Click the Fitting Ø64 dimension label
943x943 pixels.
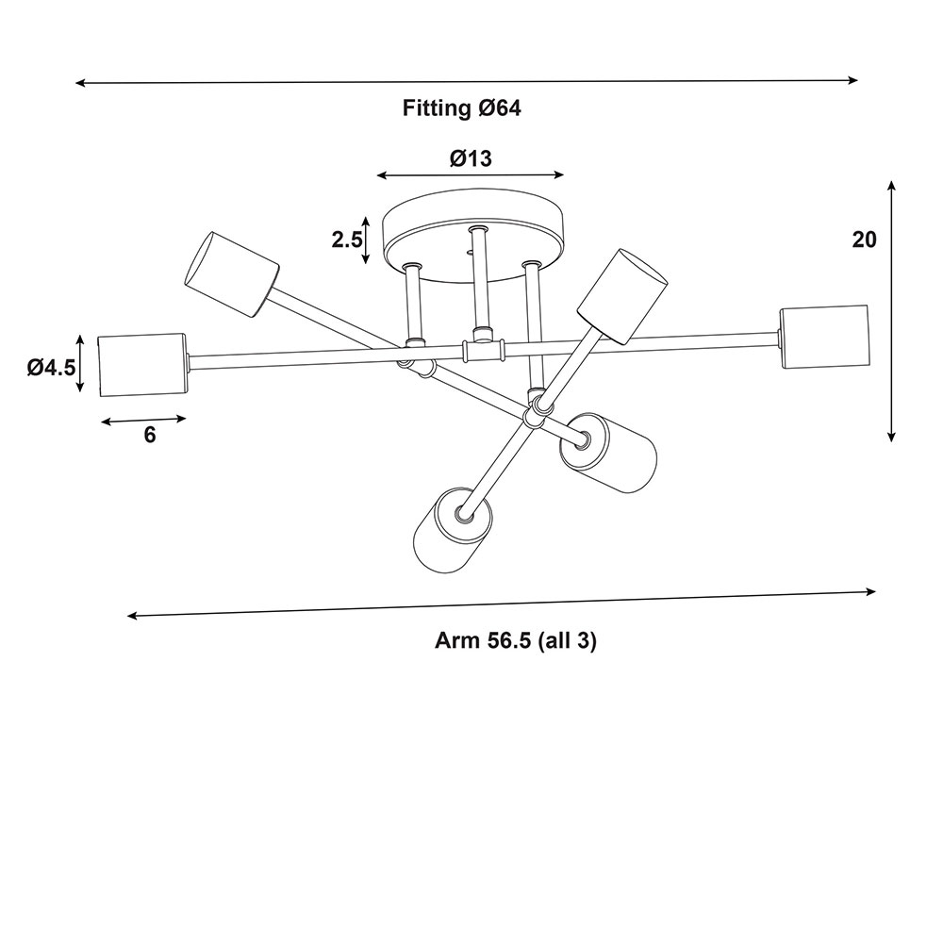coord(462,108)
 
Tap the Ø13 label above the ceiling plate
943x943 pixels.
coord(471,158)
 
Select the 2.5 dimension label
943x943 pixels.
coord(347,240)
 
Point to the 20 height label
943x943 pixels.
coord(865,240)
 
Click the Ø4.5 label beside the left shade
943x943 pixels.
coord(51,367)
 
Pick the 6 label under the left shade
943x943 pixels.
coord(150,435)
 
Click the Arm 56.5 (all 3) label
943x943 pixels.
coord(516,641)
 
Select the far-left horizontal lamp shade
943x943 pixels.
coord(141,363)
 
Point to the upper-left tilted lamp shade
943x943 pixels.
coord(231,273)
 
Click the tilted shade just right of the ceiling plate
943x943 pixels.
coord(622,295)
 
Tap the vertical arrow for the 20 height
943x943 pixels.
coord(891,311)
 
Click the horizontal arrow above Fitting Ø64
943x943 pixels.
coord(467,82)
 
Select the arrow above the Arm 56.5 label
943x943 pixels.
coord(502,604)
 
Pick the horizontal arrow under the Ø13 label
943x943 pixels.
coord(471,174)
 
